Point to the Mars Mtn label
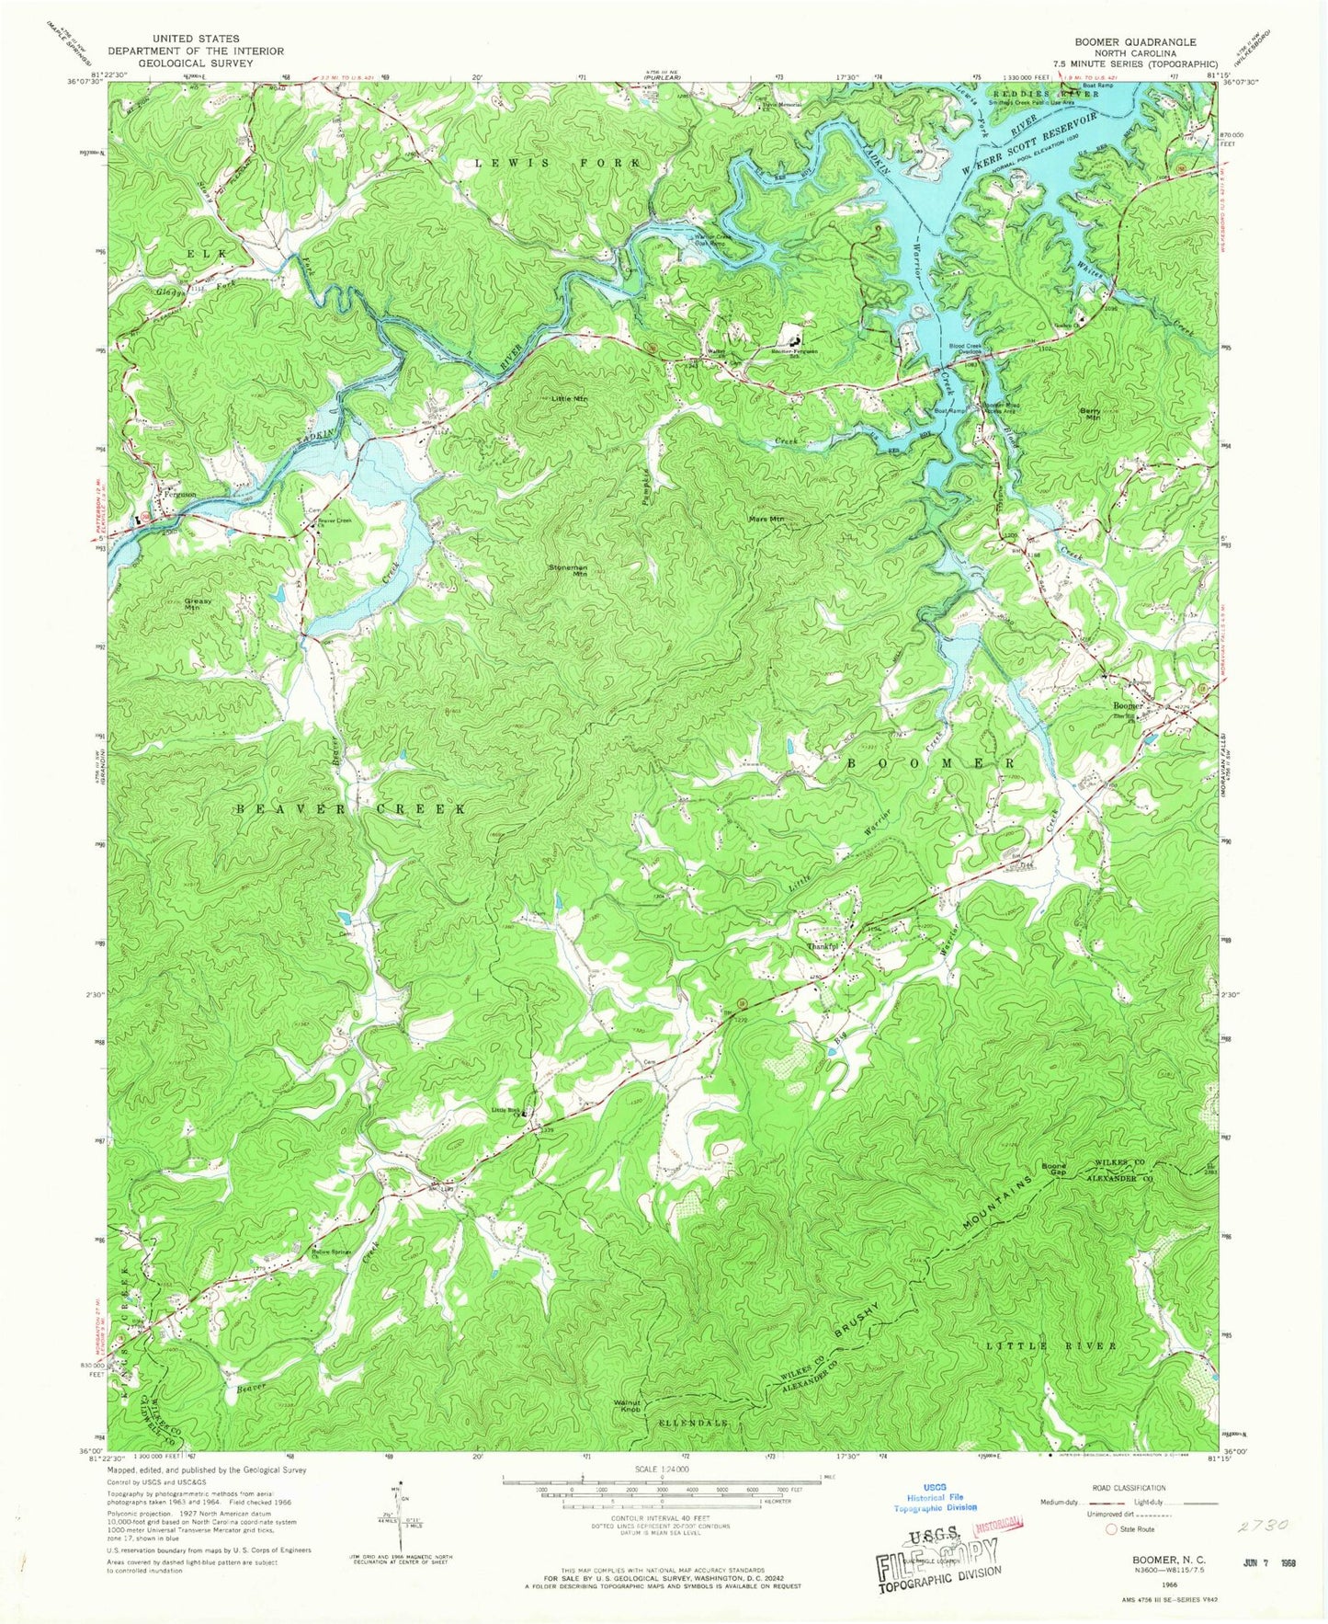pos(766,519)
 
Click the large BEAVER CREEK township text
pos(350,808)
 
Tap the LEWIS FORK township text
pos(557,163)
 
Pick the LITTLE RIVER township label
pos(1051,1346)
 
